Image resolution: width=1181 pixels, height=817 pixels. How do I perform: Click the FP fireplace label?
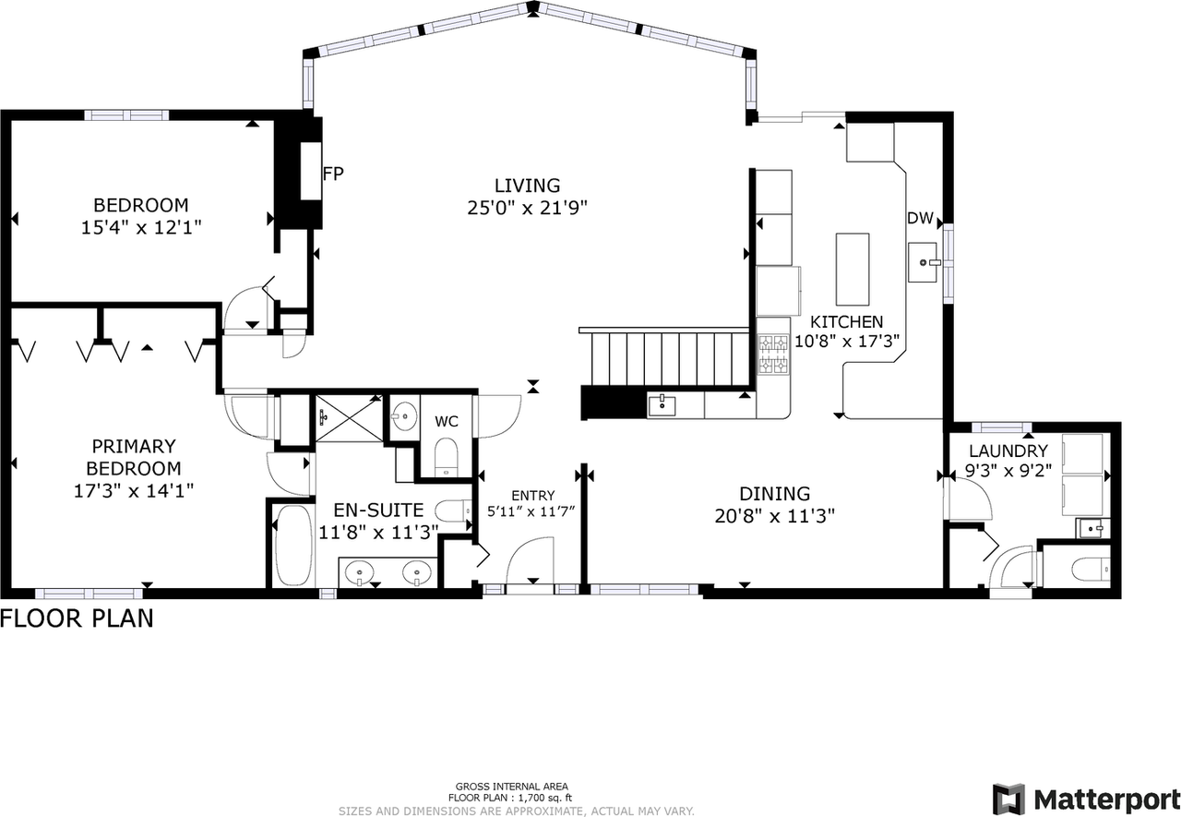point(333,173)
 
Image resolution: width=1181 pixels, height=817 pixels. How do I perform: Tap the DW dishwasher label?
point(920,219)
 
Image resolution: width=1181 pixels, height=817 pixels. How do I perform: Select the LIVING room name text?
point(526,186)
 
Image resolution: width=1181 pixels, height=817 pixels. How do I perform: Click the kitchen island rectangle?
point(853,269)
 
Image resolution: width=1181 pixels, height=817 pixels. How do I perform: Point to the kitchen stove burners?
point(772,355)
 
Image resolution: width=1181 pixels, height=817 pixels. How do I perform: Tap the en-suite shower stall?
point(348,417)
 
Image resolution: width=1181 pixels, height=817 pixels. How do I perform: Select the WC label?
point(447,421)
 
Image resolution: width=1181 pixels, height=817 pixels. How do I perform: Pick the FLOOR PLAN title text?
point(77,618)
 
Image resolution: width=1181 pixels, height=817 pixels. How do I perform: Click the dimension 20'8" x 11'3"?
point(774,516)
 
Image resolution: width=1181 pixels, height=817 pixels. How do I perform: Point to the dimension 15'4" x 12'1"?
point(141,226)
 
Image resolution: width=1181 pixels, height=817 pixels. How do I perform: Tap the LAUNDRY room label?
point(1008,451)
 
